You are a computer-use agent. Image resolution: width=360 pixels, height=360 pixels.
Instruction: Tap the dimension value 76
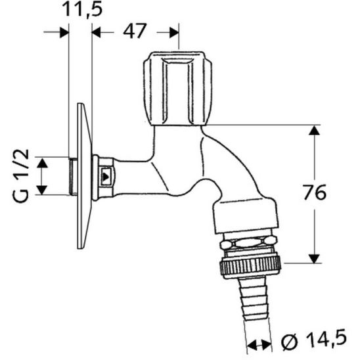pyautogui.click(x=313, y=193)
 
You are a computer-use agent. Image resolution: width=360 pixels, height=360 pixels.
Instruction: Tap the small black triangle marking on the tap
pyautogui.click(x=105, y=176)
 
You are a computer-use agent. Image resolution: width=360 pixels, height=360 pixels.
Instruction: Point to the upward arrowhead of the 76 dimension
pyautogui.click(x=315, y=131)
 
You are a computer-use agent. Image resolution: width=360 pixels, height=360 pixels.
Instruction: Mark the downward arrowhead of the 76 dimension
pyautogui.click(x=315, y=258)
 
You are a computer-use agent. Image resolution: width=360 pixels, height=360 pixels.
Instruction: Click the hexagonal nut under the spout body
pyautogui.click(x=248, y=243)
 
